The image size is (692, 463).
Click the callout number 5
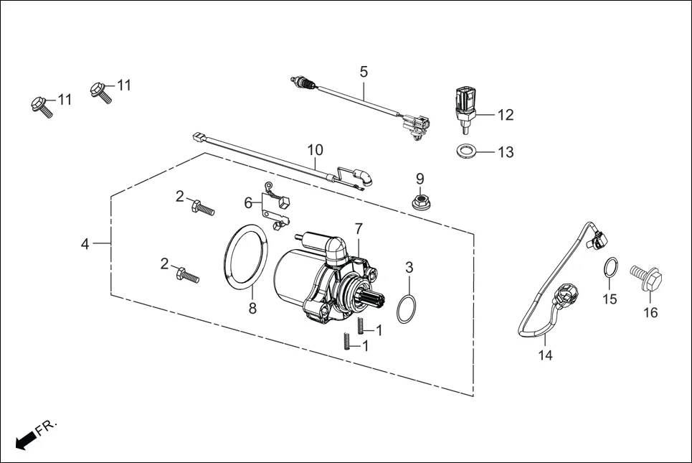click(x=364, y=72)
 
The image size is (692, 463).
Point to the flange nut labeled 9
click(x=420, y=202)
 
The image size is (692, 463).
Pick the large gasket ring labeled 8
click(x=248, y=254)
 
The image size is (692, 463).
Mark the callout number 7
click(x=359, y=228)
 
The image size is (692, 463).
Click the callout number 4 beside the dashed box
click(x=85, y=244)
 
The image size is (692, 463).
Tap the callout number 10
click(x=316, y=150)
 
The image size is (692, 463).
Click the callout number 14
click(x=546, y=355)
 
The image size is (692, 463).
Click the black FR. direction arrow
click(x=26, y=439)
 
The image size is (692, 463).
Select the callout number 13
click(x=506, y=152)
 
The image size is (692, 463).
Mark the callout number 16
click(x=650, y=312)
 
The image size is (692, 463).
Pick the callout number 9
click(x=420, y=178)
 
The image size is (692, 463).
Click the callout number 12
click(x=506, y=115)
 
